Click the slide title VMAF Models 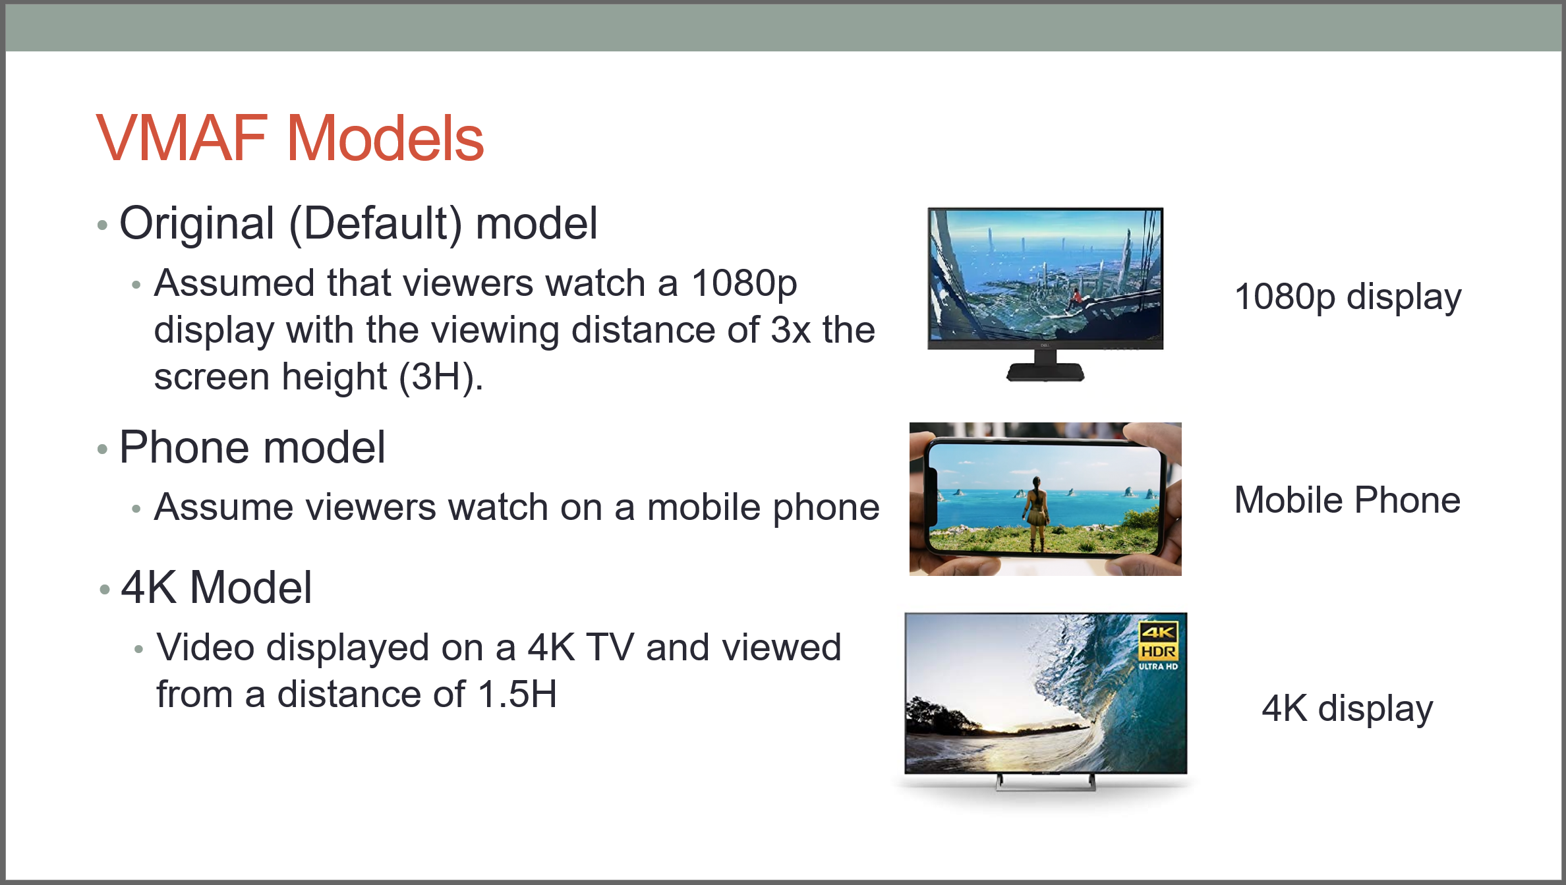[290, 138]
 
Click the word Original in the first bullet [197, 223]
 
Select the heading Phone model [252, 447]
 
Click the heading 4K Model [217, 587]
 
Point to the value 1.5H [518, 695]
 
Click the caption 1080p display [1348, 297]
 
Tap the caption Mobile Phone [1347, 500]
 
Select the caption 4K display [1347, 708]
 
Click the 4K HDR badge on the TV [1158, 646]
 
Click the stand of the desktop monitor [1045, 368]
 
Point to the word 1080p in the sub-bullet [744, 283]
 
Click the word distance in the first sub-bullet [665, 329]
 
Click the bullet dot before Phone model [102, 449]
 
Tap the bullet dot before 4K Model [104, 589]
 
